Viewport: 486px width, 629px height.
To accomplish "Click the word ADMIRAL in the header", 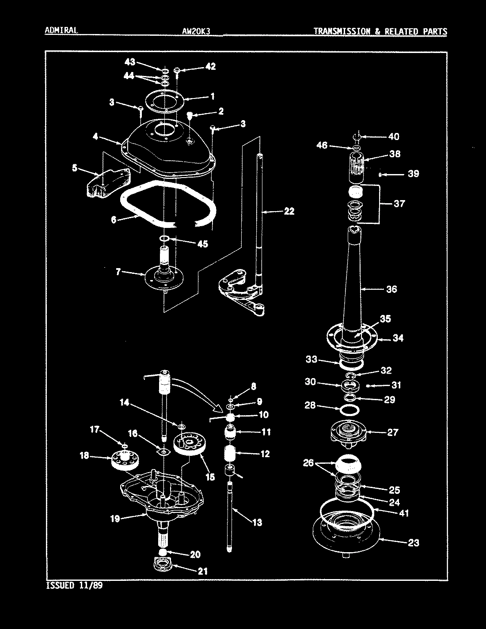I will [61, 30].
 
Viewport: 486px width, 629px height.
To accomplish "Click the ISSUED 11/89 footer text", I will [76, 587].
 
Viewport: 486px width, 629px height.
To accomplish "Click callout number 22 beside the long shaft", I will [289, 212].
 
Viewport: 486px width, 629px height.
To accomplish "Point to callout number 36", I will [391, 289].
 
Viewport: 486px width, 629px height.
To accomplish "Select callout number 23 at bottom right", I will [413, 543].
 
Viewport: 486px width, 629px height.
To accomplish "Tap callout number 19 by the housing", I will [115, 519].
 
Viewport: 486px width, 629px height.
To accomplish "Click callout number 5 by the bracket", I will [75, 168].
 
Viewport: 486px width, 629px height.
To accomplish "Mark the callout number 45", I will [202, 244].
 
